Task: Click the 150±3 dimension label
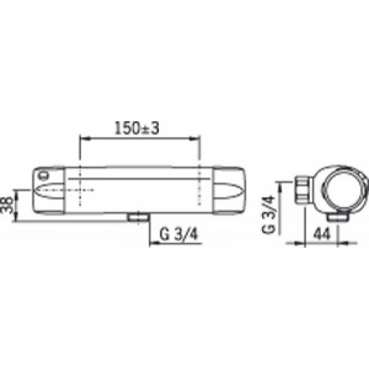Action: tap(137, 128)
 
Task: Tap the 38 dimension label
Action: tap(7, 205)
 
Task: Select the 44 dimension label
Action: tap(322, 234)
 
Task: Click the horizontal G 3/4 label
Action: tap(179, 234)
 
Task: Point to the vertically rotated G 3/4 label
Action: tap(268, 215)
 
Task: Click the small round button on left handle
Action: tap(44, 176)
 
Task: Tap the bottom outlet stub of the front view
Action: tap(138, 218)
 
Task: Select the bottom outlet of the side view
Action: tap(337, 217)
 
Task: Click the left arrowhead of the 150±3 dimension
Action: tap(85, 139)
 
